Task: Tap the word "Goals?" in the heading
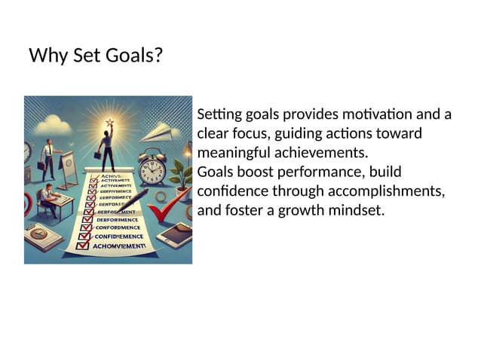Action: coord(135,56)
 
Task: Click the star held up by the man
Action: coord(110,121)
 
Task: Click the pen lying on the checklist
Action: coord(135,200)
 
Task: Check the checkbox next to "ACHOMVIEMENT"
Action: coord(84,246)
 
